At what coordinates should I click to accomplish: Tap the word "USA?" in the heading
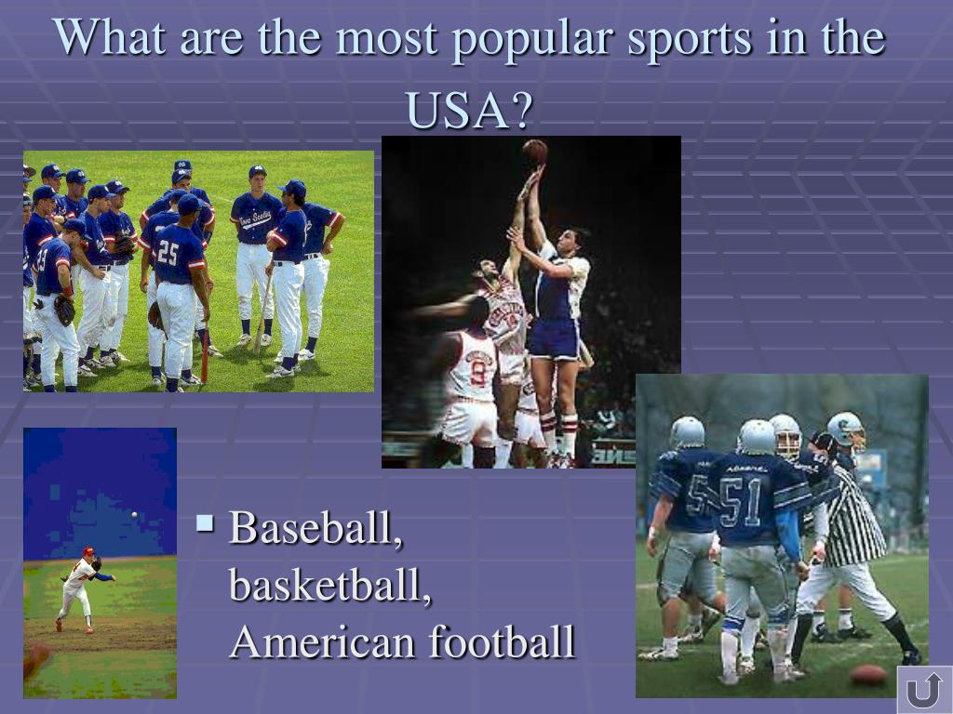coord(469,110)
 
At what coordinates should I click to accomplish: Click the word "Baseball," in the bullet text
coord(315,528)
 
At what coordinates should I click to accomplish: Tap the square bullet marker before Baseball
coord(206,523)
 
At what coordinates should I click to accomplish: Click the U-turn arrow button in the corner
coord(924,691)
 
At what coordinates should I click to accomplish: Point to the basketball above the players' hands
coord(535,152)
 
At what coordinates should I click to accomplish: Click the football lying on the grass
coord(869,675)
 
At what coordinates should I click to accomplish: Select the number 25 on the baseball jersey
coord(168,253)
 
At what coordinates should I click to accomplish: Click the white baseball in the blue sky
coord(134,515)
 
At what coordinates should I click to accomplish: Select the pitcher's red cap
coord(88,551)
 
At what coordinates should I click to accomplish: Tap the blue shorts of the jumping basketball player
coord(555,337)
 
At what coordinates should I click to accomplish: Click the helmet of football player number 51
coord(757,437)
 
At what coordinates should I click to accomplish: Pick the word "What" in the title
coord(109,37)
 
